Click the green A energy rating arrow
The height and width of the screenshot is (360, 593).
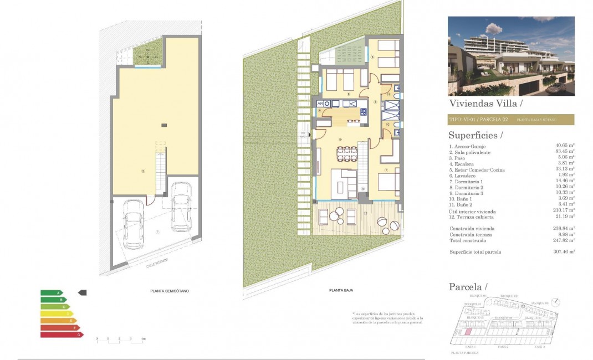[x=52, y=292]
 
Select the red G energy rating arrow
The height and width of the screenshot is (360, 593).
[x=62, y=335]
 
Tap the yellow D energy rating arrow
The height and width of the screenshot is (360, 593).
[x=57, y=313]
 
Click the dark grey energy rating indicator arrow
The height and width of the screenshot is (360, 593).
[x=82, y=292]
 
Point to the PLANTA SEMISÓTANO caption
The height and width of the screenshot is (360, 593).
[x=170, y=290]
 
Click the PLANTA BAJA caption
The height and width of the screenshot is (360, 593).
[x=341, y=290]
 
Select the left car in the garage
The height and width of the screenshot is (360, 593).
[x=133, y=223]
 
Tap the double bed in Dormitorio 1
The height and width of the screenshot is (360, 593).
[x=388, y=183]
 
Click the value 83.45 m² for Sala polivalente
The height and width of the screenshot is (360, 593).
[x=564, y=152]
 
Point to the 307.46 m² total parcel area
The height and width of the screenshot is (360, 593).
[x=563, y=251]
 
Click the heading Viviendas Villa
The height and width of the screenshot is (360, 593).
[x=483, y=104]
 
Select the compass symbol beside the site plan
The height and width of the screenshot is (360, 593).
[x=556, y=302]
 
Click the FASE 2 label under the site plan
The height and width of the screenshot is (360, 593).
[x=503, y=347]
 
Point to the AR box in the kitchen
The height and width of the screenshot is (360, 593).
[x=320, y=104]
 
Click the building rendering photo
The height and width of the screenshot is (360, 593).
[x=510, y=55]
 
